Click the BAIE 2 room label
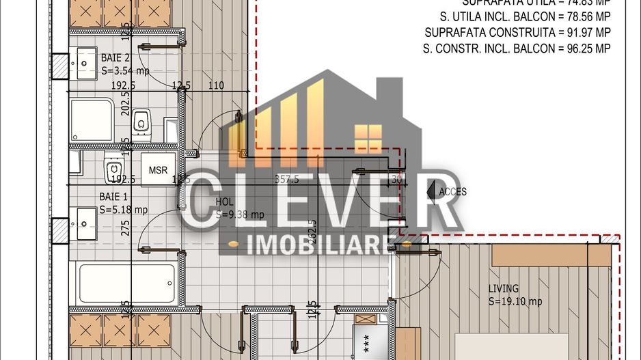coord(115,58)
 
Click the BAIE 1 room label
coord(113,197)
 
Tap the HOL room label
coord(224,202)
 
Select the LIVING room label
coord(504,288)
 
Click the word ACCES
coord(453,191)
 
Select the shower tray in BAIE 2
coord(92,120)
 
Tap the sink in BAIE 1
coord(85,224)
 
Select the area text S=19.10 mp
coord(515,301)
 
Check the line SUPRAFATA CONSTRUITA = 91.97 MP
coord(517,32)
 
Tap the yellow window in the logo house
coord(369,139)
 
